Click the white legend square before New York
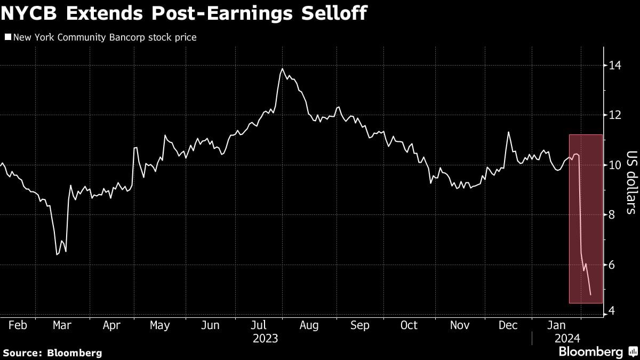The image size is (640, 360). tap(7, 37)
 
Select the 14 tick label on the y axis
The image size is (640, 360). tap(615, 66)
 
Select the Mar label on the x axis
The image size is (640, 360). tap(62, 325)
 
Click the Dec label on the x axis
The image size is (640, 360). tap(507, 325)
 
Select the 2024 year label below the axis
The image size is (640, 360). tap(566, 338)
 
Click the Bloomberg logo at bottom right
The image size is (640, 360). tap(590, 351)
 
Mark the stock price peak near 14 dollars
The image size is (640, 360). tap(282, 69)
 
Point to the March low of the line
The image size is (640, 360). tap(57, 254)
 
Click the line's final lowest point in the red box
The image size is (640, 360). tap(590, 294)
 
